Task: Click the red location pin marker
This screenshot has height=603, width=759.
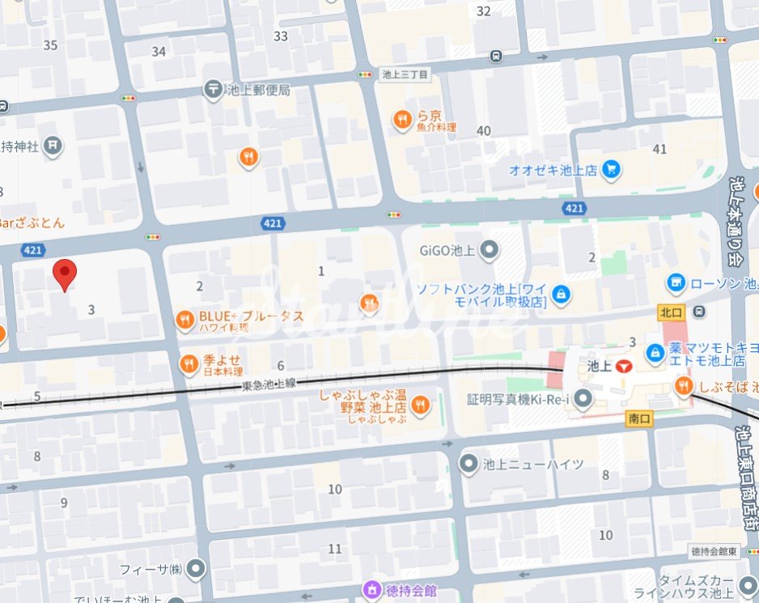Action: [65, 274]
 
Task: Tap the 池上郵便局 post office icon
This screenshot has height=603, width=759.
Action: [214, 90]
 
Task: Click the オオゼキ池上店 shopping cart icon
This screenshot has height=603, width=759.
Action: [612, 170]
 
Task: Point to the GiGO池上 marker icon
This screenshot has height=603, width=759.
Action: [489, 250]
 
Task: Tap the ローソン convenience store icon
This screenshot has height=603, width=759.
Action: [676, 283]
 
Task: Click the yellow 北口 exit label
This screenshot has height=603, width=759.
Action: [670, 311]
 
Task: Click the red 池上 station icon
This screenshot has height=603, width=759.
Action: [622, 366]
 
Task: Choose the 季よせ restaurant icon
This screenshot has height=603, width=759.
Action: [189, 365]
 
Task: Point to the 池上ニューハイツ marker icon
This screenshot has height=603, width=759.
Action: [469, 464]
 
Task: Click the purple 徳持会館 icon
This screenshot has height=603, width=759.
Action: [371, 589]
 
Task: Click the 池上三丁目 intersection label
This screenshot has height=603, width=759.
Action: [404, 74]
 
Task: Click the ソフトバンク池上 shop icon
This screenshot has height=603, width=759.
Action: [562, 295]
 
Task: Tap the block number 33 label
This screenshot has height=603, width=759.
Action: [281, 36]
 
